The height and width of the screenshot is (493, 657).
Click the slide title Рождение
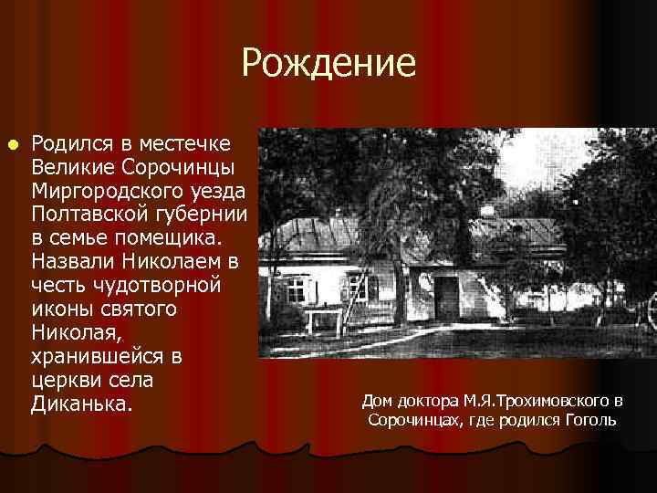click(x=328, y=63)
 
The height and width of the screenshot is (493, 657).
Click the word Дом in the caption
click(x=378, y=400)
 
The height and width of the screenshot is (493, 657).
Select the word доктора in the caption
click(x=429, y=400)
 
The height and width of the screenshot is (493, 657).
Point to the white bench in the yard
click(x=324, y=320)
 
